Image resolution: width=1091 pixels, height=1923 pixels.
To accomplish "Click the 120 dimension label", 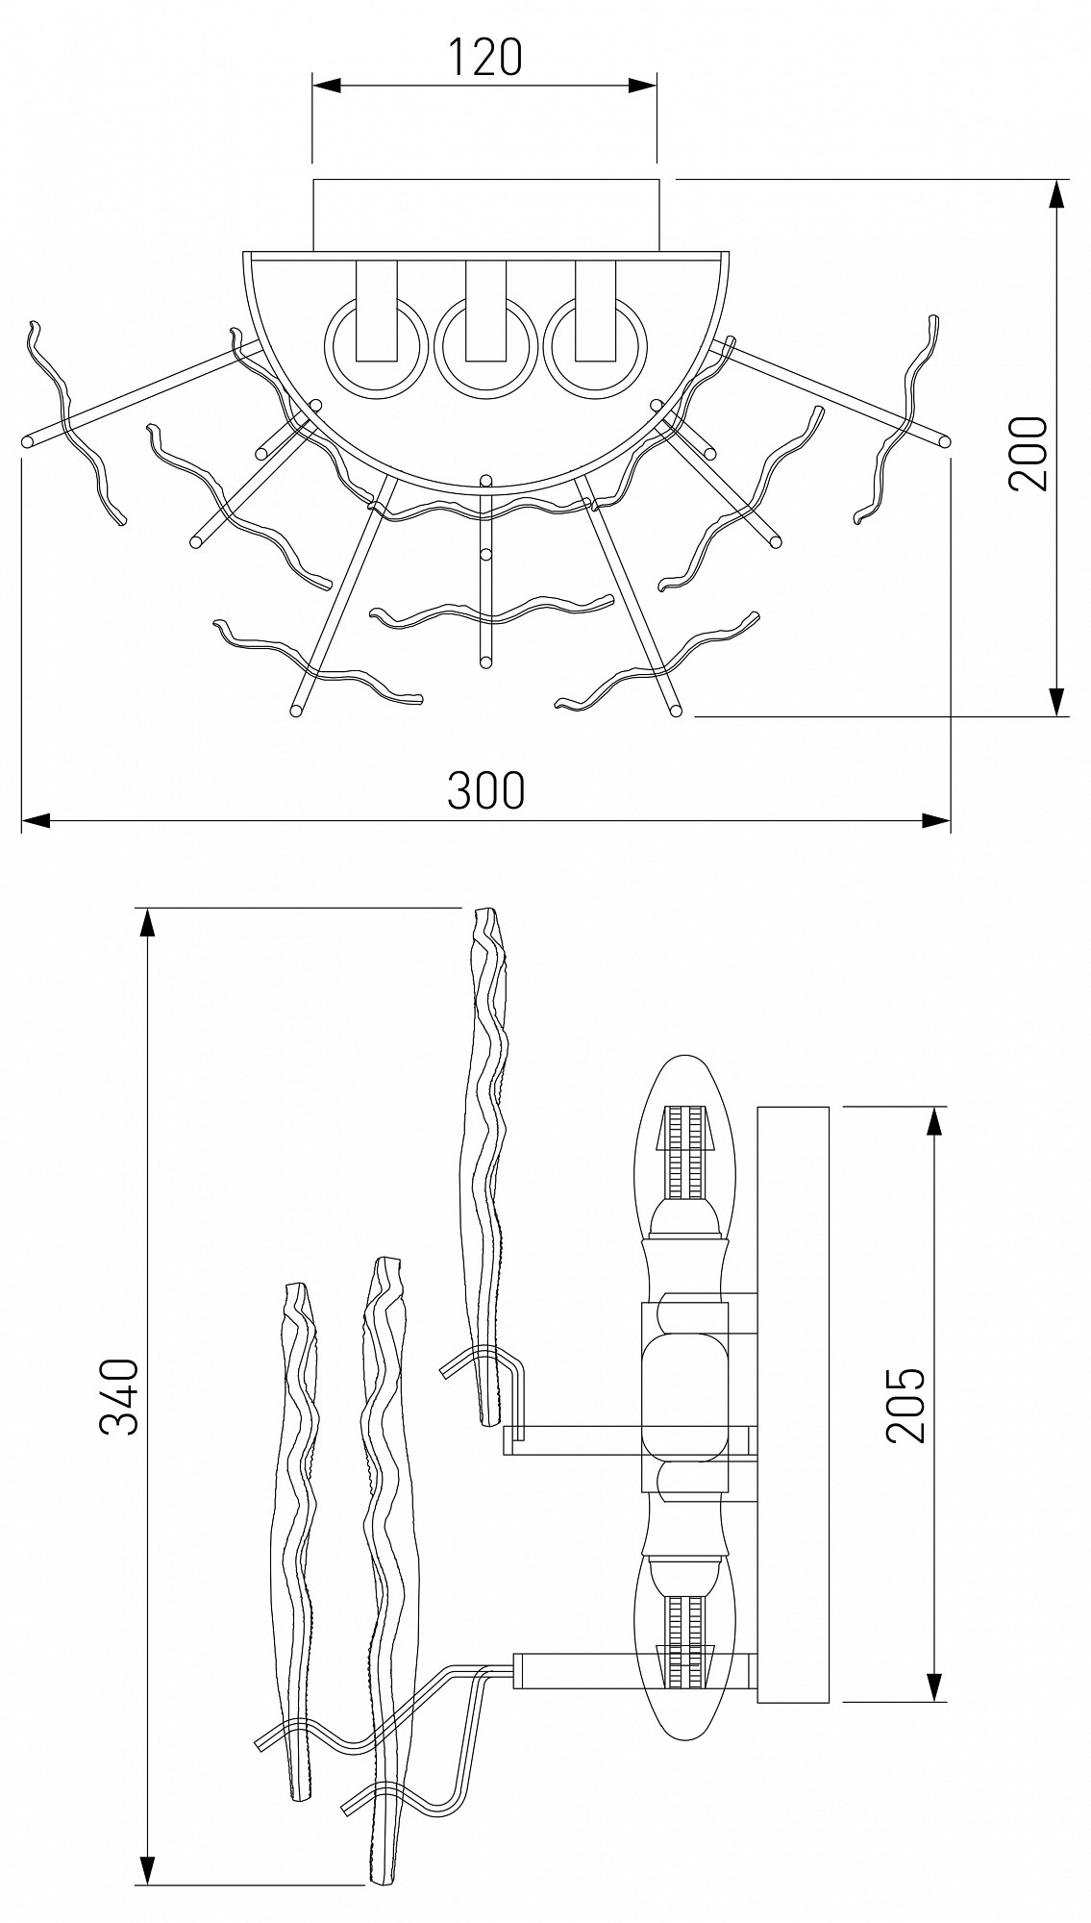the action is pos(485,58).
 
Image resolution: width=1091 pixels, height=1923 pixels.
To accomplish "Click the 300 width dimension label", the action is pos(486,790).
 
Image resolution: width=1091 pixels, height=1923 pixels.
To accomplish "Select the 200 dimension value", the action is pos(1027,454).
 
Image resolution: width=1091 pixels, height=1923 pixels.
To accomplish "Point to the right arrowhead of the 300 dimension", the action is pos(936,820).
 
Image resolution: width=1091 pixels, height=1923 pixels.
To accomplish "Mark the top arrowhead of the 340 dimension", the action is pos(147,922).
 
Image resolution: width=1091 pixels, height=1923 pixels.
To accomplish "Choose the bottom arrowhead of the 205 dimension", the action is pos(932,1687).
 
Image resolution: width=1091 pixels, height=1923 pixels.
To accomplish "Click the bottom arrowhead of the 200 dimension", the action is pos(1056,702).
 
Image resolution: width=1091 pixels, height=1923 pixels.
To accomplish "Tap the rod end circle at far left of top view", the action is pos(27,443).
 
